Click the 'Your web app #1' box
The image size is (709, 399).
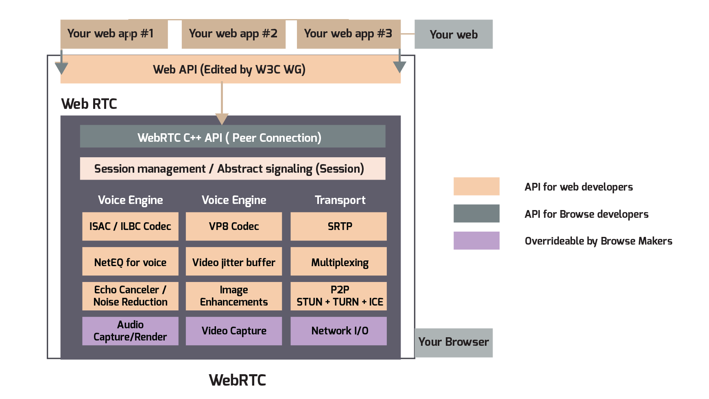pos(114,34)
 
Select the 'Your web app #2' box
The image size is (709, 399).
pos(233,34)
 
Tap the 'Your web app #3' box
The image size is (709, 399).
pos(349,34)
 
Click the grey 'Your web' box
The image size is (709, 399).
pos(454,35)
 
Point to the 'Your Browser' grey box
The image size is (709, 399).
pos(454,343)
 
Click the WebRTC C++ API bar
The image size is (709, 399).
pos(233,137)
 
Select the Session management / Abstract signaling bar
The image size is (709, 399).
pos(233,169)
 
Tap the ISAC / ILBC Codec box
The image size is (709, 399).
pos(130,226)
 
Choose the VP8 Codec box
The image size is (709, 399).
pos(234,226)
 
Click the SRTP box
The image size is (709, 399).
pos(339,226)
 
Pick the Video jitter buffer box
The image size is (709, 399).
pos(234,262)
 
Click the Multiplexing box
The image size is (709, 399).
pos(339,262)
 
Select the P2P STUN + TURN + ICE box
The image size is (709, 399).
pos(339,296)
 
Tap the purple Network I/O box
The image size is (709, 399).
pos(339,331)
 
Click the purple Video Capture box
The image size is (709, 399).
pos(234,331)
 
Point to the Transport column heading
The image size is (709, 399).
pos(340,200)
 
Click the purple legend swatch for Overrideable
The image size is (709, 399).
pos(476,241)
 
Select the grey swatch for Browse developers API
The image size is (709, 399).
pos(476,213)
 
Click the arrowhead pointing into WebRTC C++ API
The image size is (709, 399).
pos(222,119)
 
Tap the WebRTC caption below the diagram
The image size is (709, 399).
pos(238,380)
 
